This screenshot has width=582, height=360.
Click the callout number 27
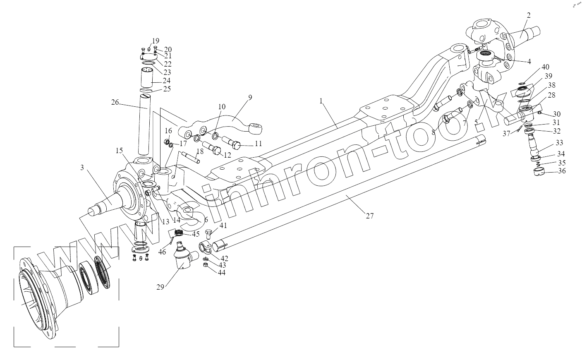[370, 216]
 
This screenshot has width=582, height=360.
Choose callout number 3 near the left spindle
[82, 167]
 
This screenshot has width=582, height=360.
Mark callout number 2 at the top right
[528, 16]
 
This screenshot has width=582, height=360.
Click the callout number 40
[546, 67]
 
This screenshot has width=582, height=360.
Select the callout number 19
[155, 41]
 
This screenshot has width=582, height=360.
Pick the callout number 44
[222, 273]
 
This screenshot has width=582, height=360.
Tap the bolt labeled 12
[213, 149]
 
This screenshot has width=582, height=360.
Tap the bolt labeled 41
[209, 235]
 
